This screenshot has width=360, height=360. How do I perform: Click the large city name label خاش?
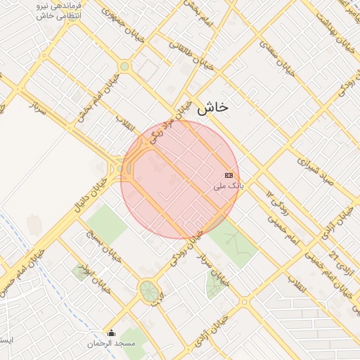[x=213, y=108]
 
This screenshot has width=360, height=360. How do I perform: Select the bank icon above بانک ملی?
[x=229, y=174]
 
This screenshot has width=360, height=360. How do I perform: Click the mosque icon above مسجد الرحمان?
[x=110, y=333]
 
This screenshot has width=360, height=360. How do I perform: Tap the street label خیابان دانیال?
[x=89, y=195]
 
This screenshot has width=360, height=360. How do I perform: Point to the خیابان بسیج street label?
[x=104, y=245]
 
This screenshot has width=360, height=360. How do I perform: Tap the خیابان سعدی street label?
[x=276, y=56]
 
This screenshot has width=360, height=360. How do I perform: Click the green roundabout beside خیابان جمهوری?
[x=124, y=67]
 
